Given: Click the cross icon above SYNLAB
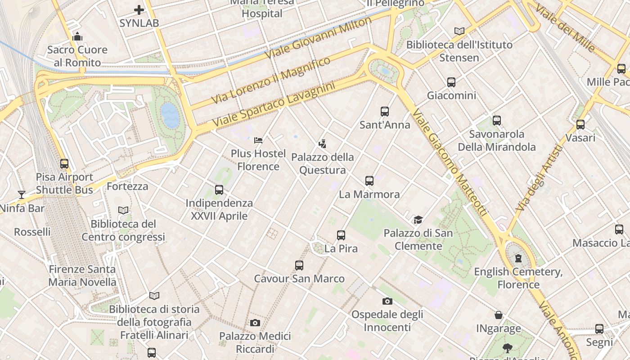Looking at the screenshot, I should (139, 9).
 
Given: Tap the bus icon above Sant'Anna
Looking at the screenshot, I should (384, 111).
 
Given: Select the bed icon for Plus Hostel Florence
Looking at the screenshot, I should (258, 140).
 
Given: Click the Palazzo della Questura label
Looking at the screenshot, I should (322, 164).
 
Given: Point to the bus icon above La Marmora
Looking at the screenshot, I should (369, 181).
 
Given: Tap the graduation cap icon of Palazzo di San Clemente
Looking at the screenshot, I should (418, 220).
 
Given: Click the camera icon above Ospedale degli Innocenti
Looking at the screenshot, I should (387, 301).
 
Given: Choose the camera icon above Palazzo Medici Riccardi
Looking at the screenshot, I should (255, 323).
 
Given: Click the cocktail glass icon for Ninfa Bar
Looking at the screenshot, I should (22, 195).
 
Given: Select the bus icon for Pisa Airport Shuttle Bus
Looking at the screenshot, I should (64, 164).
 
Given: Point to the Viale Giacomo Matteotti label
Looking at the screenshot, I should (450, 162).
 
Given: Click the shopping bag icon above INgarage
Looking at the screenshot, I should (499, 315).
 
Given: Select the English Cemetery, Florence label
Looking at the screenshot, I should (518, 278).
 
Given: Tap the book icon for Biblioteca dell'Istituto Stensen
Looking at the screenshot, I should (459, 31).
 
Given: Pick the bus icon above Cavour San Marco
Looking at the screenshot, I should (299, 265).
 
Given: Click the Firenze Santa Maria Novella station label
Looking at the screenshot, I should (82, 275).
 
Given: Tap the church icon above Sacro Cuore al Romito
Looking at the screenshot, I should (77, 36).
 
